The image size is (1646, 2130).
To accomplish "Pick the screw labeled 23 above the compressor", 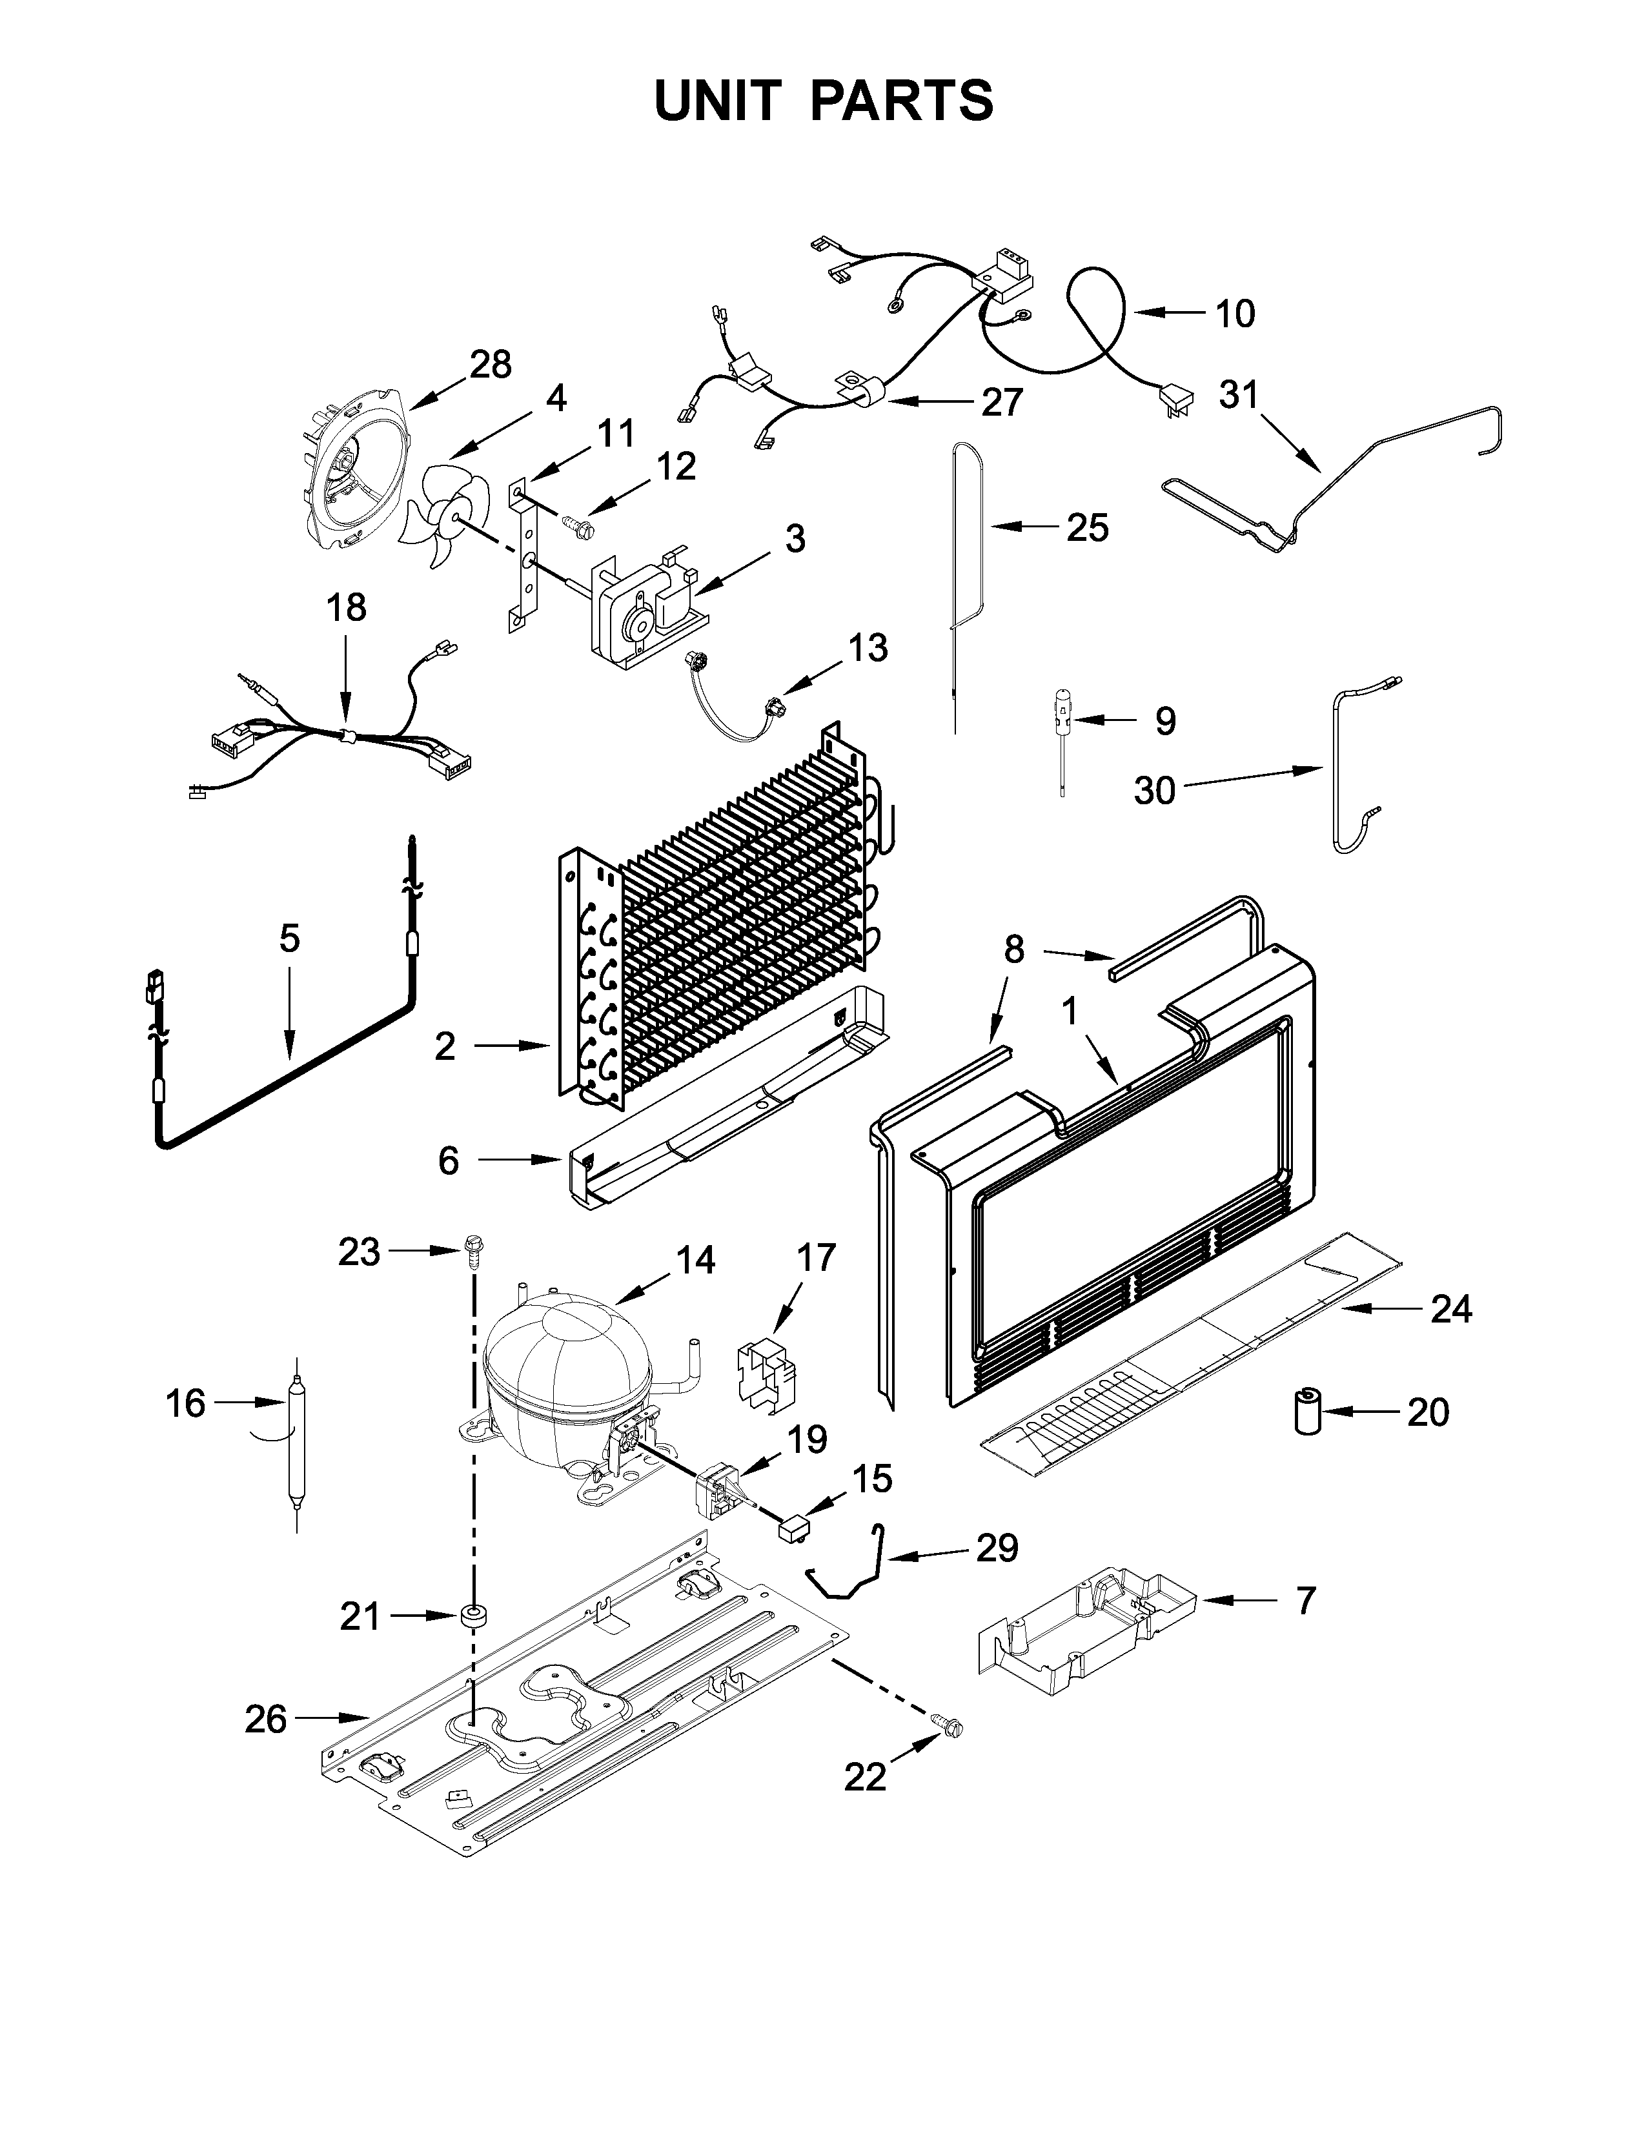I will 475,1252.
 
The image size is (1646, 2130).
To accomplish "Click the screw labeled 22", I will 945,1725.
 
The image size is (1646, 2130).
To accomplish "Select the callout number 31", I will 1239,395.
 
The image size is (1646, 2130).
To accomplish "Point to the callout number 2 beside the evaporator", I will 445,1046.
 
